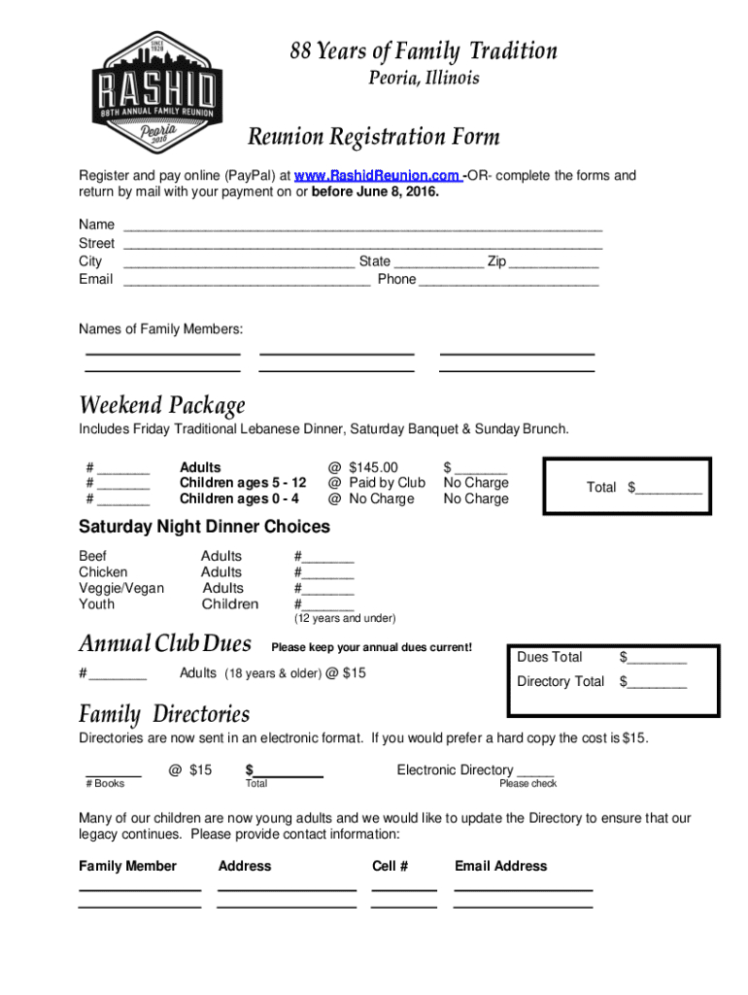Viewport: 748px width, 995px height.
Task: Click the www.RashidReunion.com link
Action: coord(377,176)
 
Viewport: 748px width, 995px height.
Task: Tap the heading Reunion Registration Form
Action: coord(374,137)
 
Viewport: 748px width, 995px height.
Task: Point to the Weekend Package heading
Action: coord(162,404)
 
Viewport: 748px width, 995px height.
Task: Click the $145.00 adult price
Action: coord(373,467)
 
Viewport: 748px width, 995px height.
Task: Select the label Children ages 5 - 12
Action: coord(243,483)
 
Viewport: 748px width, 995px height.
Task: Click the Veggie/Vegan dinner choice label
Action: coord(121,588)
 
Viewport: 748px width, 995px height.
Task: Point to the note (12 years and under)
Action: coord(345,619)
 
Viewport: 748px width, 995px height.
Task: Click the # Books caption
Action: coord(105,784)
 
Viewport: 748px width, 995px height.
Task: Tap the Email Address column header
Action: coord(500,866)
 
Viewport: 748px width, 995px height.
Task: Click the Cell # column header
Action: coord(390,866)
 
